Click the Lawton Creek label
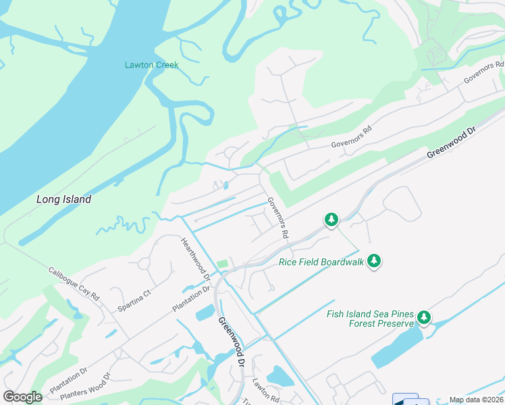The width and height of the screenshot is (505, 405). [x=151, y=65]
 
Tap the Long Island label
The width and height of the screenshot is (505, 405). [x=63, y=200]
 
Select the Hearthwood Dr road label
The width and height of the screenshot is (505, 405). [x=196, y=259]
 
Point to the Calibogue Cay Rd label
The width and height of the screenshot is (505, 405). [x=74, y=284]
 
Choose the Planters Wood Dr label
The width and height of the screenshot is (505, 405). [x=84, y=387]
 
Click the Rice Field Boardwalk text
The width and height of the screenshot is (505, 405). [x=321, y=262]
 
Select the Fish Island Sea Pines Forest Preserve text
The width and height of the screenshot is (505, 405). [x=369, y=318]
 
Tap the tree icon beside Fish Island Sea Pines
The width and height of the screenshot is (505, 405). [x=423, y=317]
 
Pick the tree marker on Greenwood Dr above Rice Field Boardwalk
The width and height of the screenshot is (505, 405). [x=331, y=219]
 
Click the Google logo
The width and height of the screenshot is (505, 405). [x=22, y=396]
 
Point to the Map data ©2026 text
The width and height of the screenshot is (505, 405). [x=476, y=400]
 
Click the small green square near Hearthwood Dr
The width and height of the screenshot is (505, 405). [x=222, y=264]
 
